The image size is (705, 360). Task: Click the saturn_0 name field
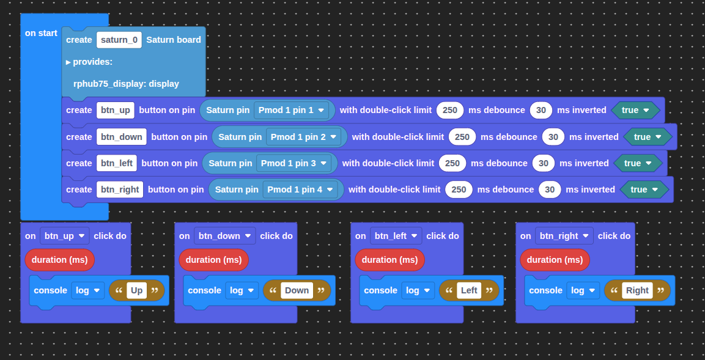(x=119, y=40)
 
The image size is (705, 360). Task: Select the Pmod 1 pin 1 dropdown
(x=291, y=110)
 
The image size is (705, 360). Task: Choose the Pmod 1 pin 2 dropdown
(x=303, y=137)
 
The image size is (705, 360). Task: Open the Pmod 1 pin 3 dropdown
(x=293, y=163)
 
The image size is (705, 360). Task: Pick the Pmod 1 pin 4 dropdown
(x=300, y=189)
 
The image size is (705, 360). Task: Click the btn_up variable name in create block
(x=116, y=110)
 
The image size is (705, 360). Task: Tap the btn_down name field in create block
(x=122, y=137)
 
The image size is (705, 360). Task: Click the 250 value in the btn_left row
(x=452, y=163)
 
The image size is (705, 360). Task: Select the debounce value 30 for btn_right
(x=550, y=189)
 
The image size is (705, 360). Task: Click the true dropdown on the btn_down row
(x=648, y=137)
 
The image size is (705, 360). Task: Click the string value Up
(x=137, y=290)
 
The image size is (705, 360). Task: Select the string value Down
(x=297, y=290)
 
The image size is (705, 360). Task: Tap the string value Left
(x=469, y=290)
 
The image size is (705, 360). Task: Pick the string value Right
(x=637, y=290)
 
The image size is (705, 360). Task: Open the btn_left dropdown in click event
(x=396, y=236)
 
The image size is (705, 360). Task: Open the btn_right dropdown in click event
(x=564, y=236)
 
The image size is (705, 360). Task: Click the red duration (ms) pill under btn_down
(x=213, y=260)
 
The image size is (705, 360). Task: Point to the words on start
(x=41, y=33)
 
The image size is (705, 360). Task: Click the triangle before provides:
(x=68, y=62)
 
